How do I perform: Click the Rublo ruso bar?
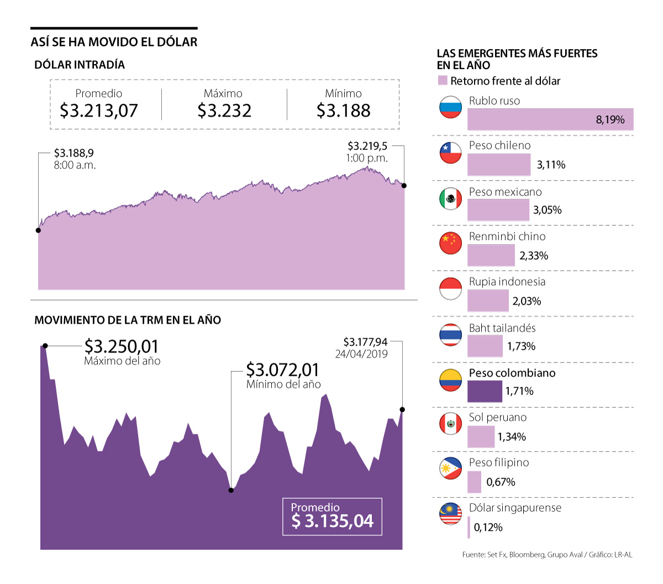tap(550, 119)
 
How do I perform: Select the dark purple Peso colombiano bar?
tap(485, 391)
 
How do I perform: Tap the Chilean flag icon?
tap(450, 152)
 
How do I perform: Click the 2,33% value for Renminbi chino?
tap(534, 256)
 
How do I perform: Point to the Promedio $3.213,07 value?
tap(98, 111)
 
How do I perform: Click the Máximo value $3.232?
tap(224, 111)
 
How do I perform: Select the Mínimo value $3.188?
tap(343, 111)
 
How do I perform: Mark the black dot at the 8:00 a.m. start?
tap(38, 230)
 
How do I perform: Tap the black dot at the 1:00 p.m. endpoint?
tap(404, 186)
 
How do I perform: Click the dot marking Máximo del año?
tap(45, 346)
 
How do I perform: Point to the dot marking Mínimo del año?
tap(231, 490)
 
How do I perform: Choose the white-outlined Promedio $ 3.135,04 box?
tap(332, 517)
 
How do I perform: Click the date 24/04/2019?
tap(361, 354)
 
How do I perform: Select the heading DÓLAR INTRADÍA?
tap(80, 65)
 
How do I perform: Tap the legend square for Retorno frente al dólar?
tap(442, 81)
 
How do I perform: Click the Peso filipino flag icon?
tap(450, 469)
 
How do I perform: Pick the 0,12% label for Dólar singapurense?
tap(488, 528)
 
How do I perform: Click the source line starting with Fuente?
tap(547, 554)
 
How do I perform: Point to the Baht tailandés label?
tap(502, 328)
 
